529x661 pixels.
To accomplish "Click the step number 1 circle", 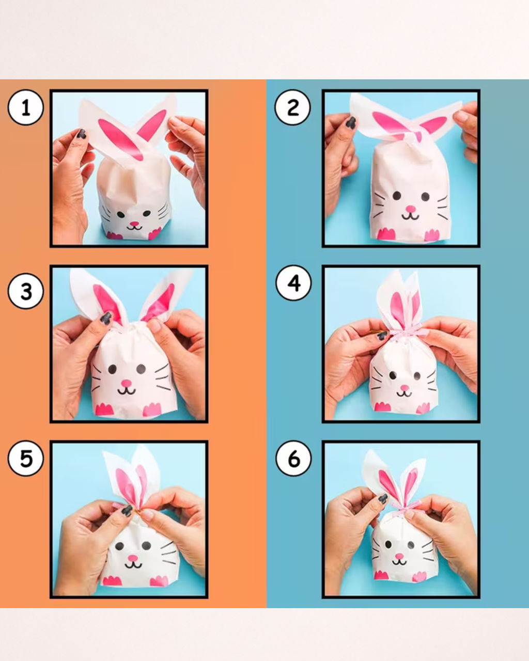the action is tap(25, 107).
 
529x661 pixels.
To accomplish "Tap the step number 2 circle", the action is tap(293, 107).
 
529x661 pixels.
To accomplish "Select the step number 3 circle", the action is tap(25, 291).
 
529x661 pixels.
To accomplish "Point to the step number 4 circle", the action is tap(293, 283).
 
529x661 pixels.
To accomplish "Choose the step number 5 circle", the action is tap(25, 459).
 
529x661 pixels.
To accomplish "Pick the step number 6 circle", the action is tap(293, 459).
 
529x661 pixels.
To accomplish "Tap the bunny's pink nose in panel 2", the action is tap(410, 209).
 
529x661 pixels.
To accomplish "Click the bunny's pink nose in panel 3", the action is tap(127, 383).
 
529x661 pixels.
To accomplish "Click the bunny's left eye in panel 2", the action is tap(397, 195).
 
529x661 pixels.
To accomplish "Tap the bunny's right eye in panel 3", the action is tap(141, 368).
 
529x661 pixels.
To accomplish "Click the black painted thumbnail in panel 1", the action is tap(82, 134).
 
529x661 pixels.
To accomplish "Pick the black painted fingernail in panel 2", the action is tap(351, 122).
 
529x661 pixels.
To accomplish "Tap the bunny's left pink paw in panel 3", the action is tap(104, 410).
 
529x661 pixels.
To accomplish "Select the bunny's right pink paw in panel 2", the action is tap(432, 235).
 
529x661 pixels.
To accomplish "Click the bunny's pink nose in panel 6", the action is tap(399, 556).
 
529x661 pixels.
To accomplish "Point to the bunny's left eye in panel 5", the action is tap(119, 546).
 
